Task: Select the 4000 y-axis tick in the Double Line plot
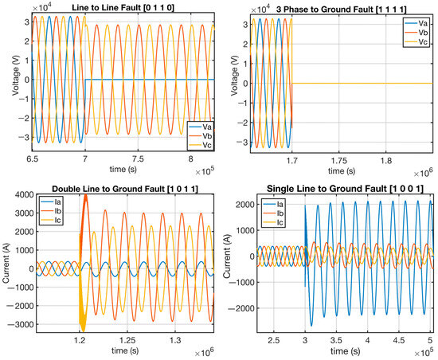tap(23, 195)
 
